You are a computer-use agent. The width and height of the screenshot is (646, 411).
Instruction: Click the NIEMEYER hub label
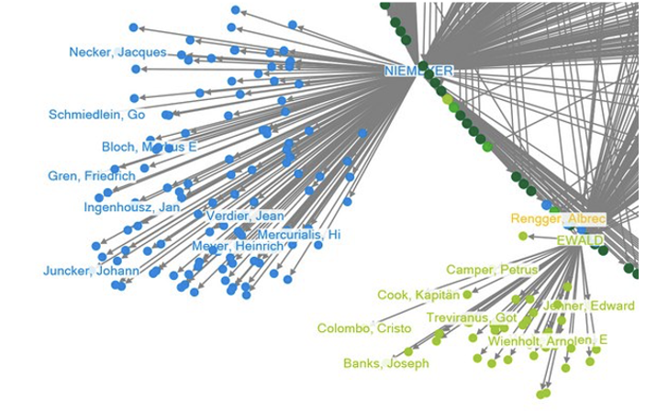click(419, 71)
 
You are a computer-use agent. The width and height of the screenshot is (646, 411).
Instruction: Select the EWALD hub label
click(580, 240)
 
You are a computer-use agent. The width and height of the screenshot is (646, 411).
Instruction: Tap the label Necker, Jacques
click(117, 52)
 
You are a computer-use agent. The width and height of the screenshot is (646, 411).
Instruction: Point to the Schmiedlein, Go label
click(96, 115)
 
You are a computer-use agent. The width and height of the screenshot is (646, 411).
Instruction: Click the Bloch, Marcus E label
click(150, 147)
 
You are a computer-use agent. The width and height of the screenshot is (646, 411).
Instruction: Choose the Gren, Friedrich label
click(91, 175)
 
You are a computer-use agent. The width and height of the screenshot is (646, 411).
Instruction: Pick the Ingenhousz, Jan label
click(131, 207)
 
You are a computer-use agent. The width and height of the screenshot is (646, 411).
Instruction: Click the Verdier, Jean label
click(245, 216)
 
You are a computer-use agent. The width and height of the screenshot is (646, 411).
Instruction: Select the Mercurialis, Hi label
click(298, 235)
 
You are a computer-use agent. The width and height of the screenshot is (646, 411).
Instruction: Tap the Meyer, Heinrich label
click(238, 246)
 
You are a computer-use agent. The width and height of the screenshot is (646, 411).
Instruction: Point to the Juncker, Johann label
click(91, 271)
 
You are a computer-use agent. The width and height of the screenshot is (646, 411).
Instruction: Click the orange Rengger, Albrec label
click(556, 219)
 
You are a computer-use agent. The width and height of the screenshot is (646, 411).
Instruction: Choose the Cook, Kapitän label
click(418, 294)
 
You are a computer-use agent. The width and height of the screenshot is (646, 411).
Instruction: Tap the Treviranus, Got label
click(472, 317)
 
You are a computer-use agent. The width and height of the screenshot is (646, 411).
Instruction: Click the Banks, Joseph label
click(385, 363)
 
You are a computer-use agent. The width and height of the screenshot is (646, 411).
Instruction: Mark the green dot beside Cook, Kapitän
click(467, 294)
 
